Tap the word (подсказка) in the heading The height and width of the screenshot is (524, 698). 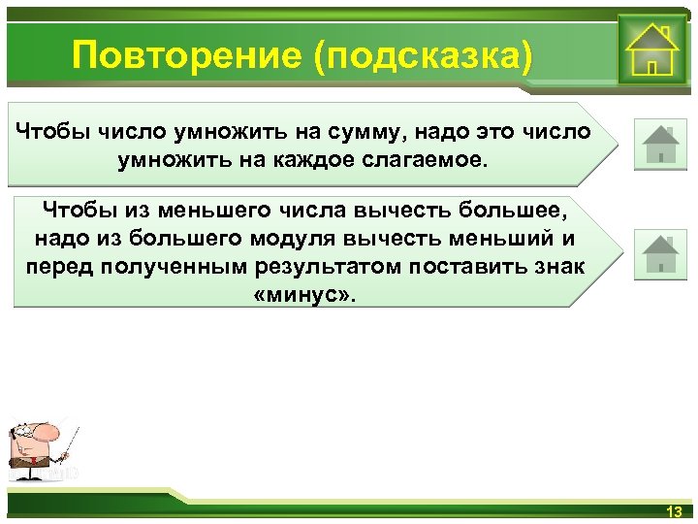coord(422,55)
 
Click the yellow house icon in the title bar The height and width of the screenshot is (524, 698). coord(650,49)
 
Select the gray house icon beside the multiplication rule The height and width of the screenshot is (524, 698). coord(660,144)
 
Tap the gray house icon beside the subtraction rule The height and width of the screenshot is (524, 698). coord(660,253)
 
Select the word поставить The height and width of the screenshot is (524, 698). coord(478,266)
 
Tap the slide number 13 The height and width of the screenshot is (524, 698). coord(675,511)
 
